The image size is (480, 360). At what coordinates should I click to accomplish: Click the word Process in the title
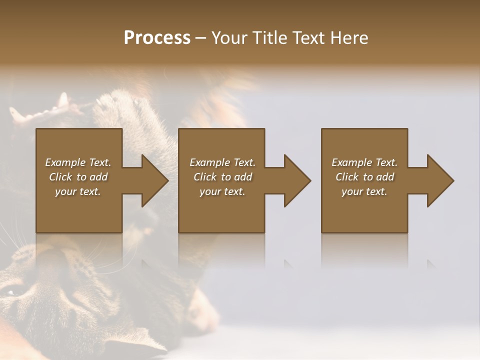pos(157,38)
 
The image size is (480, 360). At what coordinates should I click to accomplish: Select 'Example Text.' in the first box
pos(78,162)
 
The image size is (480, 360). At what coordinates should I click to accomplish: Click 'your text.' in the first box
pos(78,191)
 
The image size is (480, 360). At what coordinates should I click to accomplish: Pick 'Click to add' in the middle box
pos(222,177)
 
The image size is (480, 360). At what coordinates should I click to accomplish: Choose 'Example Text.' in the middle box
pos(222,162)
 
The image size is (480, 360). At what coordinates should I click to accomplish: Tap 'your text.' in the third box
pos(364,191)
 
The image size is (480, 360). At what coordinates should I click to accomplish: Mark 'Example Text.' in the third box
pos(364,162)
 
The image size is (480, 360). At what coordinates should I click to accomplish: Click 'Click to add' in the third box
pos(364,177)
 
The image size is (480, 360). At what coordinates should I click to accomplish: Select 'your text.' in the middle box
pos(222,191)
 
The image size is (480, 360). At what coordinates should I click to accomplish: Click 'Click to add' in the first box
pos(78,177)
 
